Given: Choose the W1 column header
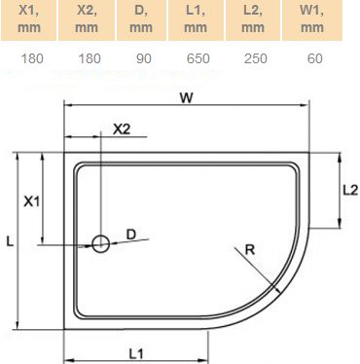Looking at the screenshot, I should tap(312, 18).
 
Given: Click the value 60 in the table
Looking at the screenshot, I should tap(312, 58).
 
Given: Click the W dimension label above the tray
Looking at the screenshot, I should tap(185, 96).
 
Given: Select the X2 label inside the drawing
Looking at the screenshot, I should tap(123, 128).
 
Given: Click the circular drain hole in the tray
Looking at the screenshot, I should tap(100, 244).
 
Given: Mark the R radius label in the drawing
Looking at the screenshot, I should tap(250, 250).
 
